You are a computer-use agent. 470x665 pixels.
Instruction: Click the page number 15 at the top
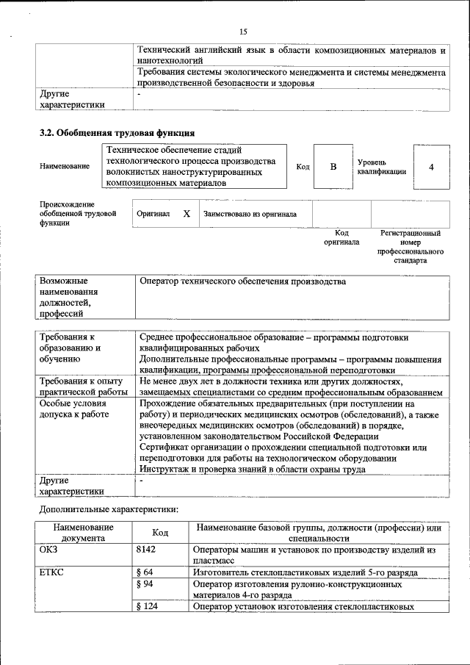pyautogui.click(x=243, y=31)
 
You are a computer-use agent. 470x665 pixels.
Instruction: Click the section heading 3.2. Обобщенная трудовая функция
pyautogui.click(x=117, y=133)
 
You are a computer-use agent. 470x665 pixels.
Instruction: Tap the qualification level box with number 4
pyautogui.click(x=431, y=167)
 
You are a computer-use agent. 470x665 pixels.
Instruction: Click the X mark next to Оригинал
pyautogui.click(x=187, y=214)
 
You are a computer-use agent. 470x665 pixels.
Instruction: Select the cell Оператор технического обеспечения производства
pyautogui.click(x=242, y=281)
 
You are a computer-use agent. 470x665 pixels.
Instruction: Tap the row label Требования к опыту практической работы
pyautogui.click(x=83, y=386)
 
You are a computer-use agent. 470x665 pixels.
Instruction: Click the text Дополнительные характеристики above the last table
pyautogui.click(x=107, y=508)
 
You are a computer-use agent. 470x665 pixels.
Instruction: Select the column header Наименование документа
pyautogui.click(x=82, y=533)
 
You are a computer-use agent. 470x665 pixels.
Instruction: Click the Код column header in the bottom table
pyautogui.click(x=160, y=533)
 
